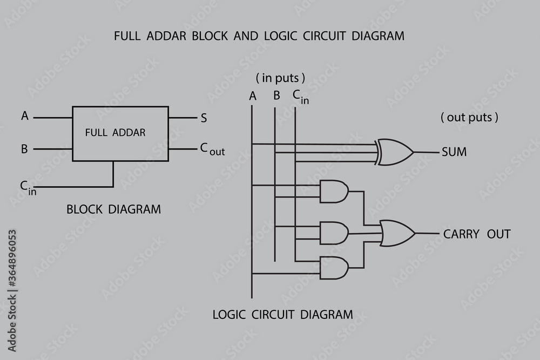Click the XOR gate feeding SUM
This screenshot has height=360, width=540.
coord(396,152)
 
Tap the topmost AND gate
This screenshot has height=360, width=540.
coord(334,191)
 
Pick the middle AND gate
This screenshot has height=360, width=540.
coord(334,233)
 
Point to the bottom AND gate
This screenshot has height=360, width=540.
coord(334,268)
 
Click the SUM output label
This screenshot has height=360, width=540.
coord(454,152)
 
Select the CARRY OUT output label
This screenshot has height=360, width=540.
coord(476,234)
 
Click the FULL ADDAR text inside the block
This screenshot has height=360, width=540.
coord(115,132)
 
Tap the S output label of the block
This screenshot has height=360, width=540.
coord(204,118)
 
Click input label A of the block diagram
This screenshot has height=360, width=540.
coord(24,116)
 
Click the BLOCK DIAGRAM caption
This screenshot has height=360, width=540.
coord(113,209)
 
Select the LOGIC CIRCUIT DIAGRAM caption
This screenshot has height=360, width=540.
coord(282,314)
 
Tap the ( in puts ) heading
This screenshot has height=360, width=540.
coord(280,78)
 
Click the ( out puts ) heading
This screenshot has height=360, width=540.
coord(469,117)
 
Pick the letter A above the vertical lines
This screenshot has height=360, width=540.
coord(252,97)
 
